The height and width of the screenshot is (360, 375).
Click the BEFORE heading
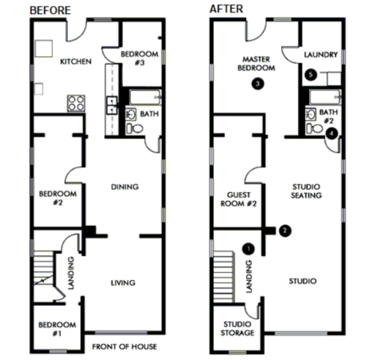pyautogui.click(x=51, y=10)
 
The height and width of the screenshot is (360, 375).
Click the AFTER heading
pyautogui.click(x=226, y=9)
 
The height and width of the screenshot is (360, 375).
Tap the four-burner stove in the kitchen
pyautogui.click(x=76, y=103)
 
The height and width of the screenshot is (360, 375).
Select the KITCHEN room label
pyautogui.click(x=76, y=62)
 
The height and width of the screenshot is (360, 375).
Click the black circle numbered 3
pyautogui.click(x=258, y=84)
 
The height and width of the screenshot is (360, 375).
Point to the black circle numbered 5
pyautogui.click(x=311, y=74)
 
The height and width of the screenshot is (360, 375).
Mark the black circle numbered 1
pyautogui.click(x=248, y=249)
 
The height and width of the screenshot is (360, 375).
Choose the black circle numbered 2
pyautogui.click(x=285, y=230)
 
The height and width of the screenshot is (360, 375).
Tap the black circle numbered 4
pyautogui.click(x=332, y=133)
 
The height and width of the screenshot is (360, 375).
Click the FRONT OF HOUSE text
pyautogui.click(x=125, y=347)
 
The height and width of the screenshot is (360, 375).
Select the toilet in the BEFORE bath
pyautogui.click(x=135, y=128)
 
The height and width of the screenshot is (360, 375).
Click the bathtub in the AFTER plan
pyautogui.click(x=325, y=97)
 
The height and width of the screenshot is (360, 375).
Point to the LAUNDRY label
pyautogui.click(x=321, y=54)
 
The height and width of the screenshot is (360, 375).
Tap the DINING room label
pyautogui.click(x=125, y=187)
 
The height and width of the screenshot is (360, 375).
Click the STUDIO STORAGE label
pyautogui.click(x=237, y=328)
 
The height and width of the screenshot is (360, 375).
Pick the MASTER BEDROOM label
pyautogui.click(x=256, y=64)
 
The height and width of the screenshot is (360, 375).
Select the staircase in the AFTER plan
pyautogui.click(x=224, y=276)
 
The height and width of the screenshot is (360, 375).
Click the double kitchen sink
pyautogui.click(x=112, y=106)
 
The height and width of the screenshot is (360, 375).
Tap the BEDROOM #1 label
pyautogui.click(x=57, y=329)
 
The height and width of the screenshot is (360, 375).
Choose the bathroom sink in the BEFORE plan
pyautogui.click(x=131, y=114)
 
